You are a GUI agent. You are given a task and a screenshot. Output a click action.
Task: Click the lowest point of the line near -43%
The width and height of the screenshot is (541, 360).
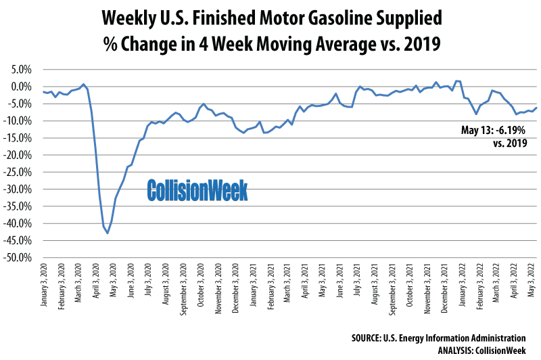pyautogui.click(x=108, y=233)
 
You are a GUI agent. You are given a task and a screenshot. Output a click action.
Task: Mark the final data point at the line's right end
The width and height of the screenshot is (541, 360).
pyautogui.click(x=537, y=107)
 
